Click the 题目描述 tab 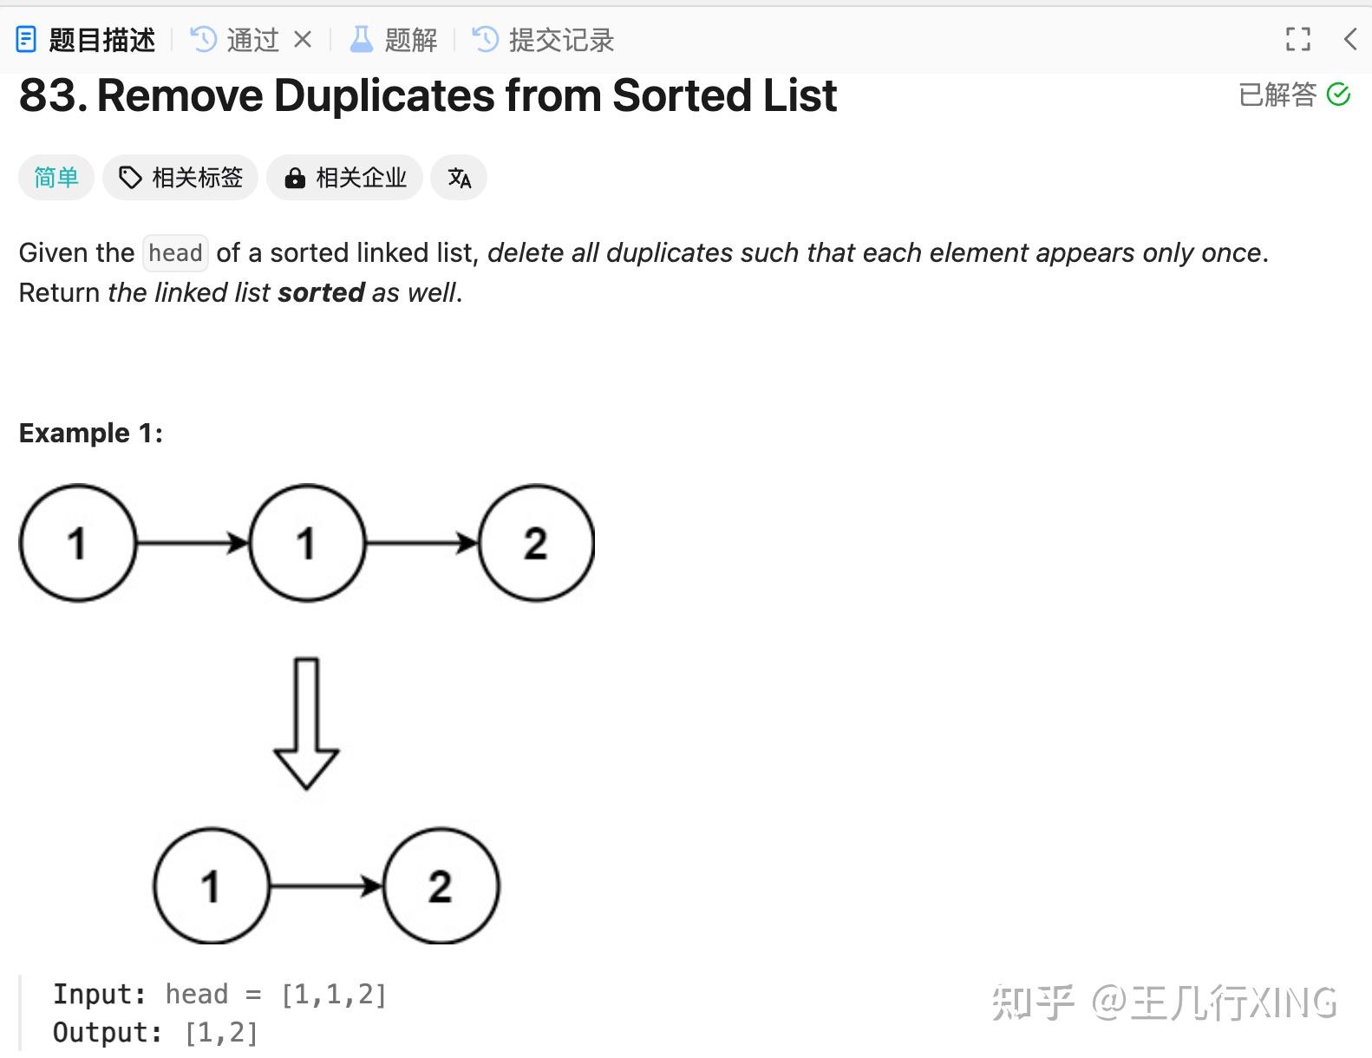(87, 40)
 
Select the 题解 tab (394, 40)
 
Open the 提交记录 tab (544, 40)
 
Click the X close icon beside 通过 (303, 39)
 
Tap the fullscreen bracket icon (1297, 39)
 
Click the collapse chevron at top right (1349, 39)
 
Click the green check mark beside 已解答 (1338, 94)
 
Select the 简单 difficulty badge (56, 178)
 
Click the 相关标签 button (180, 178)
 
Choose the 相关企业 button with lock (344, 178)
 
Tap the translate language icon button (459, 178)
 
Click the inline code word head (175, 253)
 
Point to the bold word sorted (321, 293)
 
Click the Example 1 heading (91, 433)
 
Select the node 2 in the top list (536, 543)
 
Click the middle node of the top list (307, 543)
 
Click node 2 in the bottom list (441, 886)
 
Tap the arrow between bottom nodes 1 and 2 (326, 886)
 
